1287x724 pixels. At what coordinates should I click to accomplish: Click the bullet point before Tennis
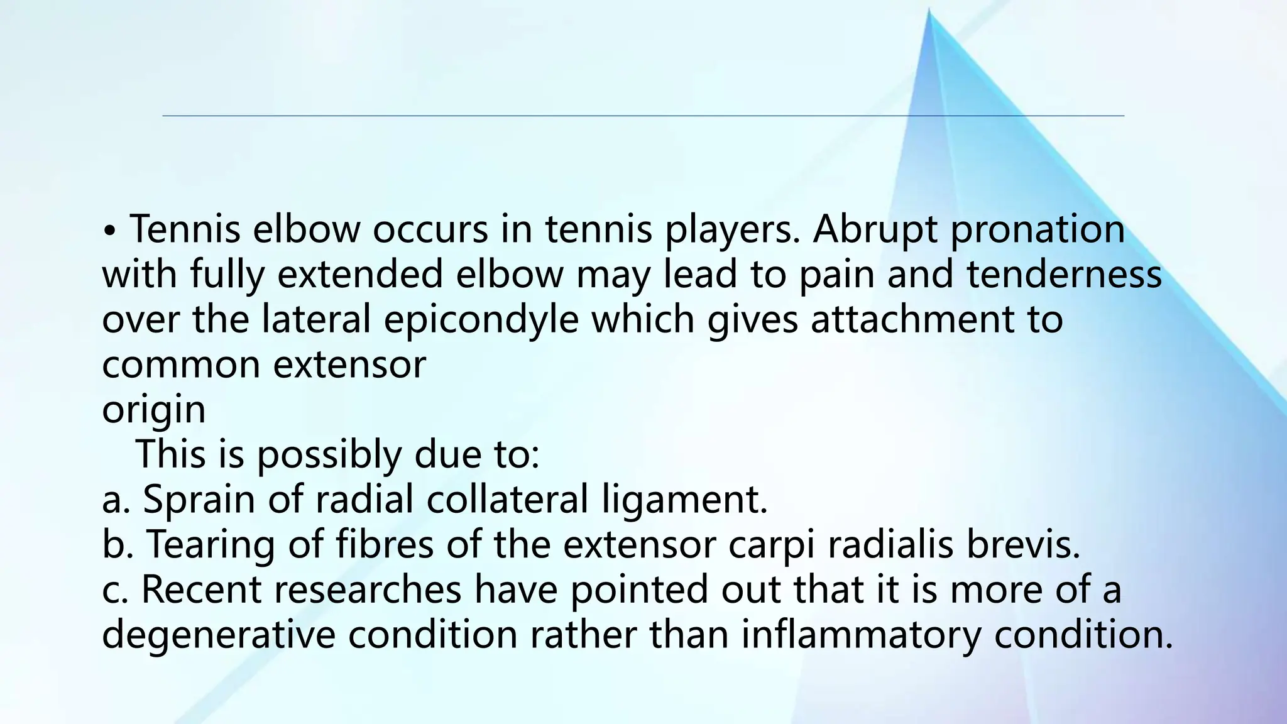(109, 232)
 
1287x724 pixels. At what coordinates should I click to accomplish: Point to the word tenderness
(1064, 274)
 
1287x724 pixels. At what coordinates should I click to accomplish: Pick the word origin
(154, 410)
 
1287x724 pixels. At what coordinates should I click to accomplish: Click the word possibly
(329, 454)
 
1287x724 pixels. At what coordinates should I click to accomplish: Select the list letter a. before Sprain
(116, 500)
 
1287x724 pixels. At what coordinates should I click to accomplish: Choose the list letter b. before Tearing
(117, 544)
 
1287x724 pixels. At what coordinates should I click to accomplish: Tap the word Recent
(201, 590)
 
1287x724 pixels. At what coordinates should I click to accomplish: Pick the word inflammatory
(861, 635)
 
